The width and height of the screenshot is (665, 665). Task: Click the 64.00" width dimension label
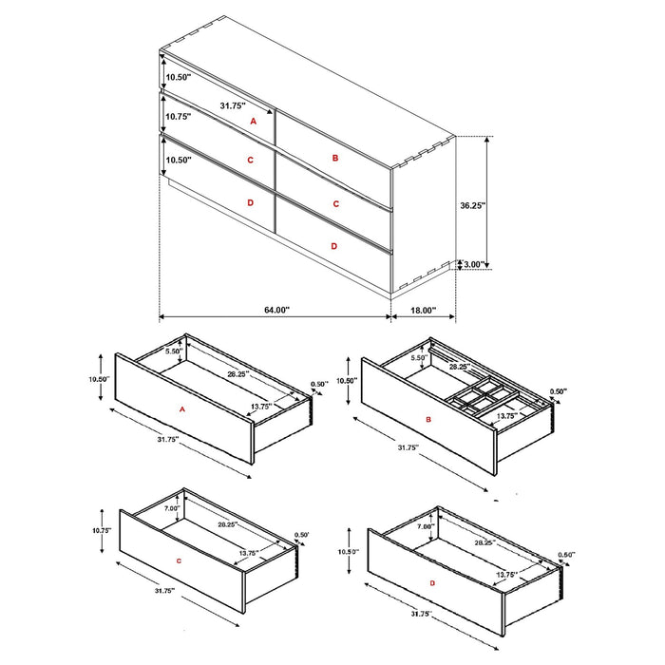tap(275, 310)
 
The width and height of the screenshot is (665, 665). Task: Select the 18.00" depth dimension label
tap(423, 310)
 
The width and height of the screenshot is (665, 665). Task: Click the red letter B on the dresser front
tap(335, 159)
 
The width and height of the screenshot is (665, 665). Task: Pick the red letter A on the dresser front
tap(253, 123)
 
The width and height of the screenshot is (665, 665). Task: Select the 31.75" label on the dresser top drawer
tap(233, 105)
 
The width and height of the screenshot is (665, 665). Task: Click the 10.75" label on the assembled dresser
tap(178, 116)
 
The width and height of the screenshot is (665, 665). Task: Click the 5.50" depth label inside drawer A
tap(173, 351)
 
